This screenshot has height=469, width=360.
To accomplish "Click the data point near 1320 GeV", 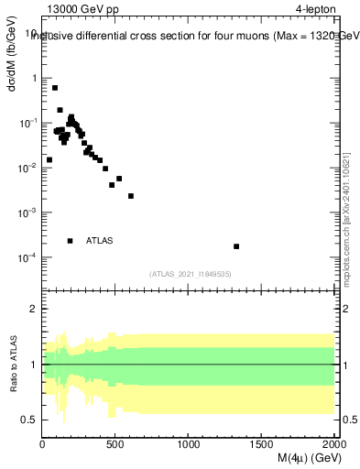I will click(x=236, y=246).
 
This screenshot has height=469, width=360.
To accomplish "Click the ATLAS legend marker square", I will click(x=71, y=241).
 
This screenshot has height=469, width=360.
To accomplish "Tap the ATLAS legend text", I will click(x=100, y=241).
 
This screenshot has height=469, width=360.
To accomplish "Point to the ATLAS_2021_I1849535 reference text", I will click(x=191, y=274).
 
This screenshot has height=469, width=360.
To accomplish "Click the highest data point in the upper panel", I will click(x=55, y=88).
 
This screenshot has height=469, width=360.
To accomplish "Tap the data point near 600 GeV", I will click(x=131, y=196).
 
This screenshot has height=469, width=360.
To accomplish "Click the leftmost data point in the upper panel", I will click(x=49, y=159).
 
